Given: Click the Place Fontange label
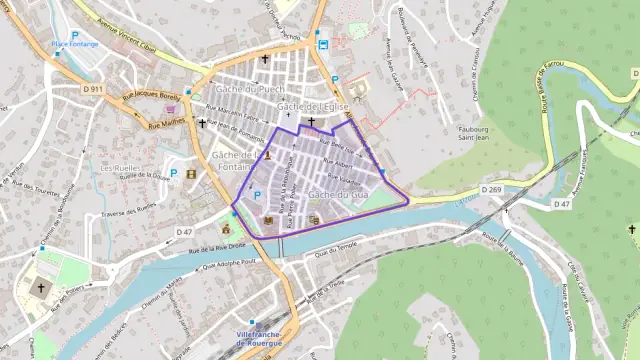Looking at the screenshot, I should coord(74,45).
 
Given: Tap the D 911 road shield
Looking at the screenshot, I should coord(94,89).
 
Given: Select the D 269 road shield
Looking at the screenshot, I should coord(490,188).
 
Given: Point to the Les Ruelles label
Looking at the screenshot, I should coord(121,169).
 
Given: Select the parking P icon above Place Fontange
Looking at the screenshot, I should coord(74,34).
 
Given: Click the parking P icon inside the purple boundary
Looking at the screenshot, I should coord(257,195).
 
